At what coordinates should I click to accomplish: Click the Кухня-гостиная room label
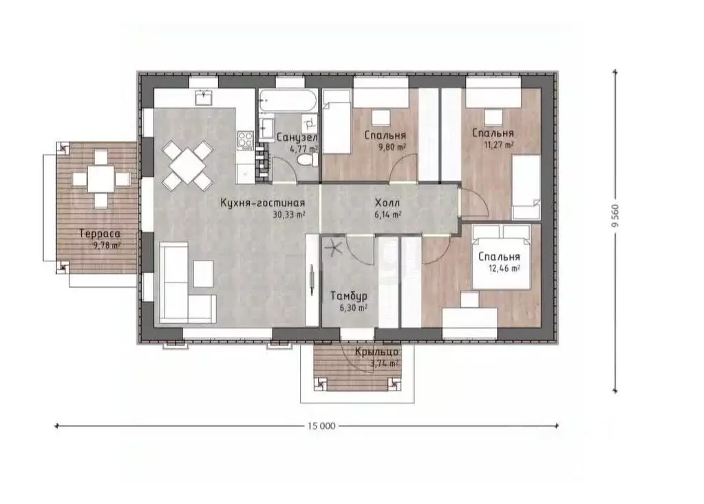tap(263, 203)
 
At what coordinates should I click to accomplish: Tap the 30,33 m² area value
tap(289, 215)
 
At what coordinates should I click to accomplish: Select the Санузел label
tap(297, 138)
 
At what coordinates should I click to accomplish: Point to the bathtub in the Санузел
tap(288, 100)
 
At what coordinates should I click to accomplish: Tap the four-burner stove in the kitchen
tap(246, 139)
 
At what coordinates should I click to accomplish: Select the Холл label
tap(387, 204)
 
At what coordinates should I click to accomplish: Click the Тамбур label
tap(349, 296)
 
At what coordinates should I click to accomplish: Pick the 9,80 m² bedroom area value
tap(393, 146)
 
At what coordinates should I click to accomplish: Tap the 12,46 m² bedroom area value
tap(504, 269)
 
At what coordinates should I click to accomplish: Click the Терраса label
tap(100, 234)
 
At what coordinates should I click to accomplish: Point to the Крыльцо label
tap(376, 352)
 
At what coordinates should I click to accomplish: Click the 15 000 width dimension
tap(321, 426)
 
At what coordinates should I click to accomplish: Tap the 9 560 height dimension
tap(615, 216)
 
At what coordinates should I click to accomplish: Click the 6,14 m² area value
tap(388, 215)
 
